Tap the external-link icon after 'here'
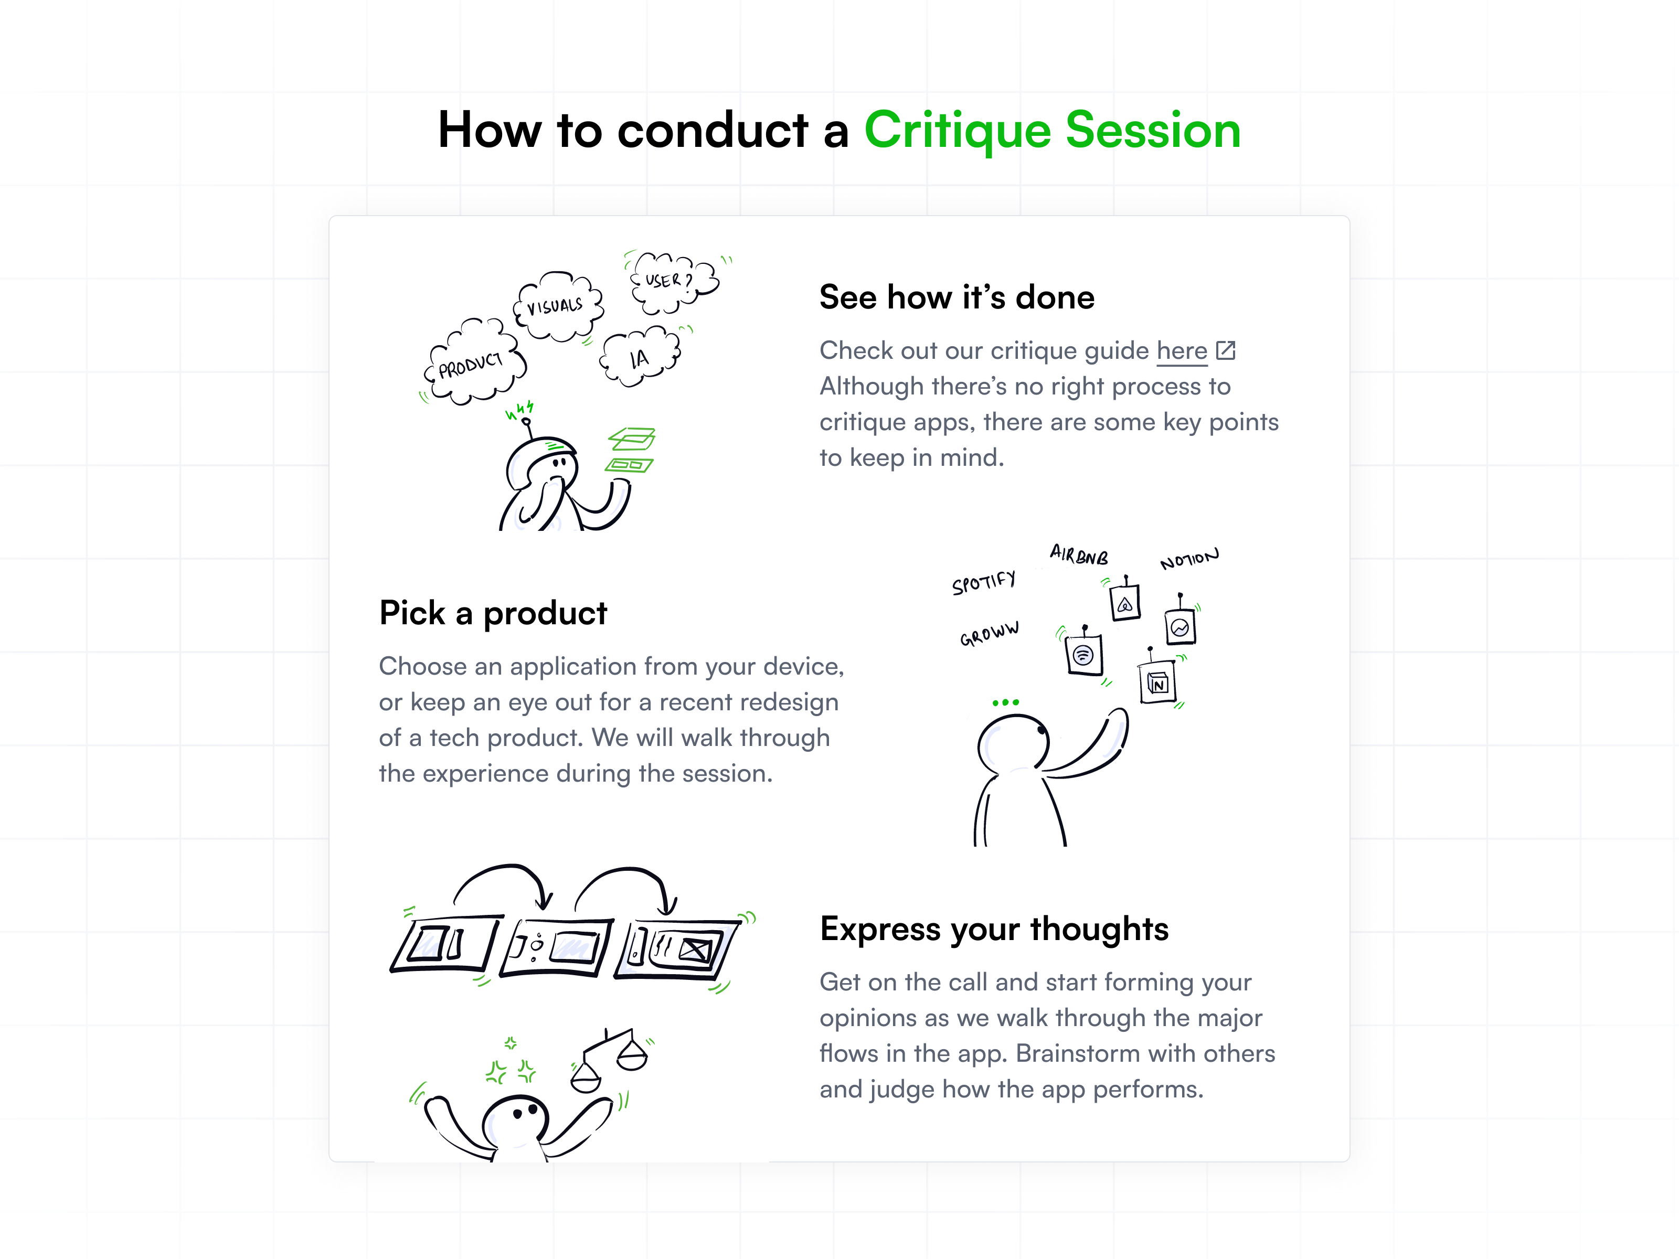[1225, 350]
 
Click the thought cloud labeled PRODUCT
[473, 364]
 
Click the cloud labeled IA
[640, 357]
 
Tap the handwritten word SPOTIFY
[984, 583]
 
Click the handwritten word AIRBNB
[1079, 555]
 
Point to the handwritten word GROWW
[989, 634]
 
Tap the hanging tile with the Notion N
[1157, 683]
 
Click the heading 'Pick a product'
[493, 613]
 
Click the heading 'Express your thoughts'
[994, 929]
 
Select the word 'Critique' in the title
[958, 131]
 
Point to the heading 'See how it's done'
[957, 297]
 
